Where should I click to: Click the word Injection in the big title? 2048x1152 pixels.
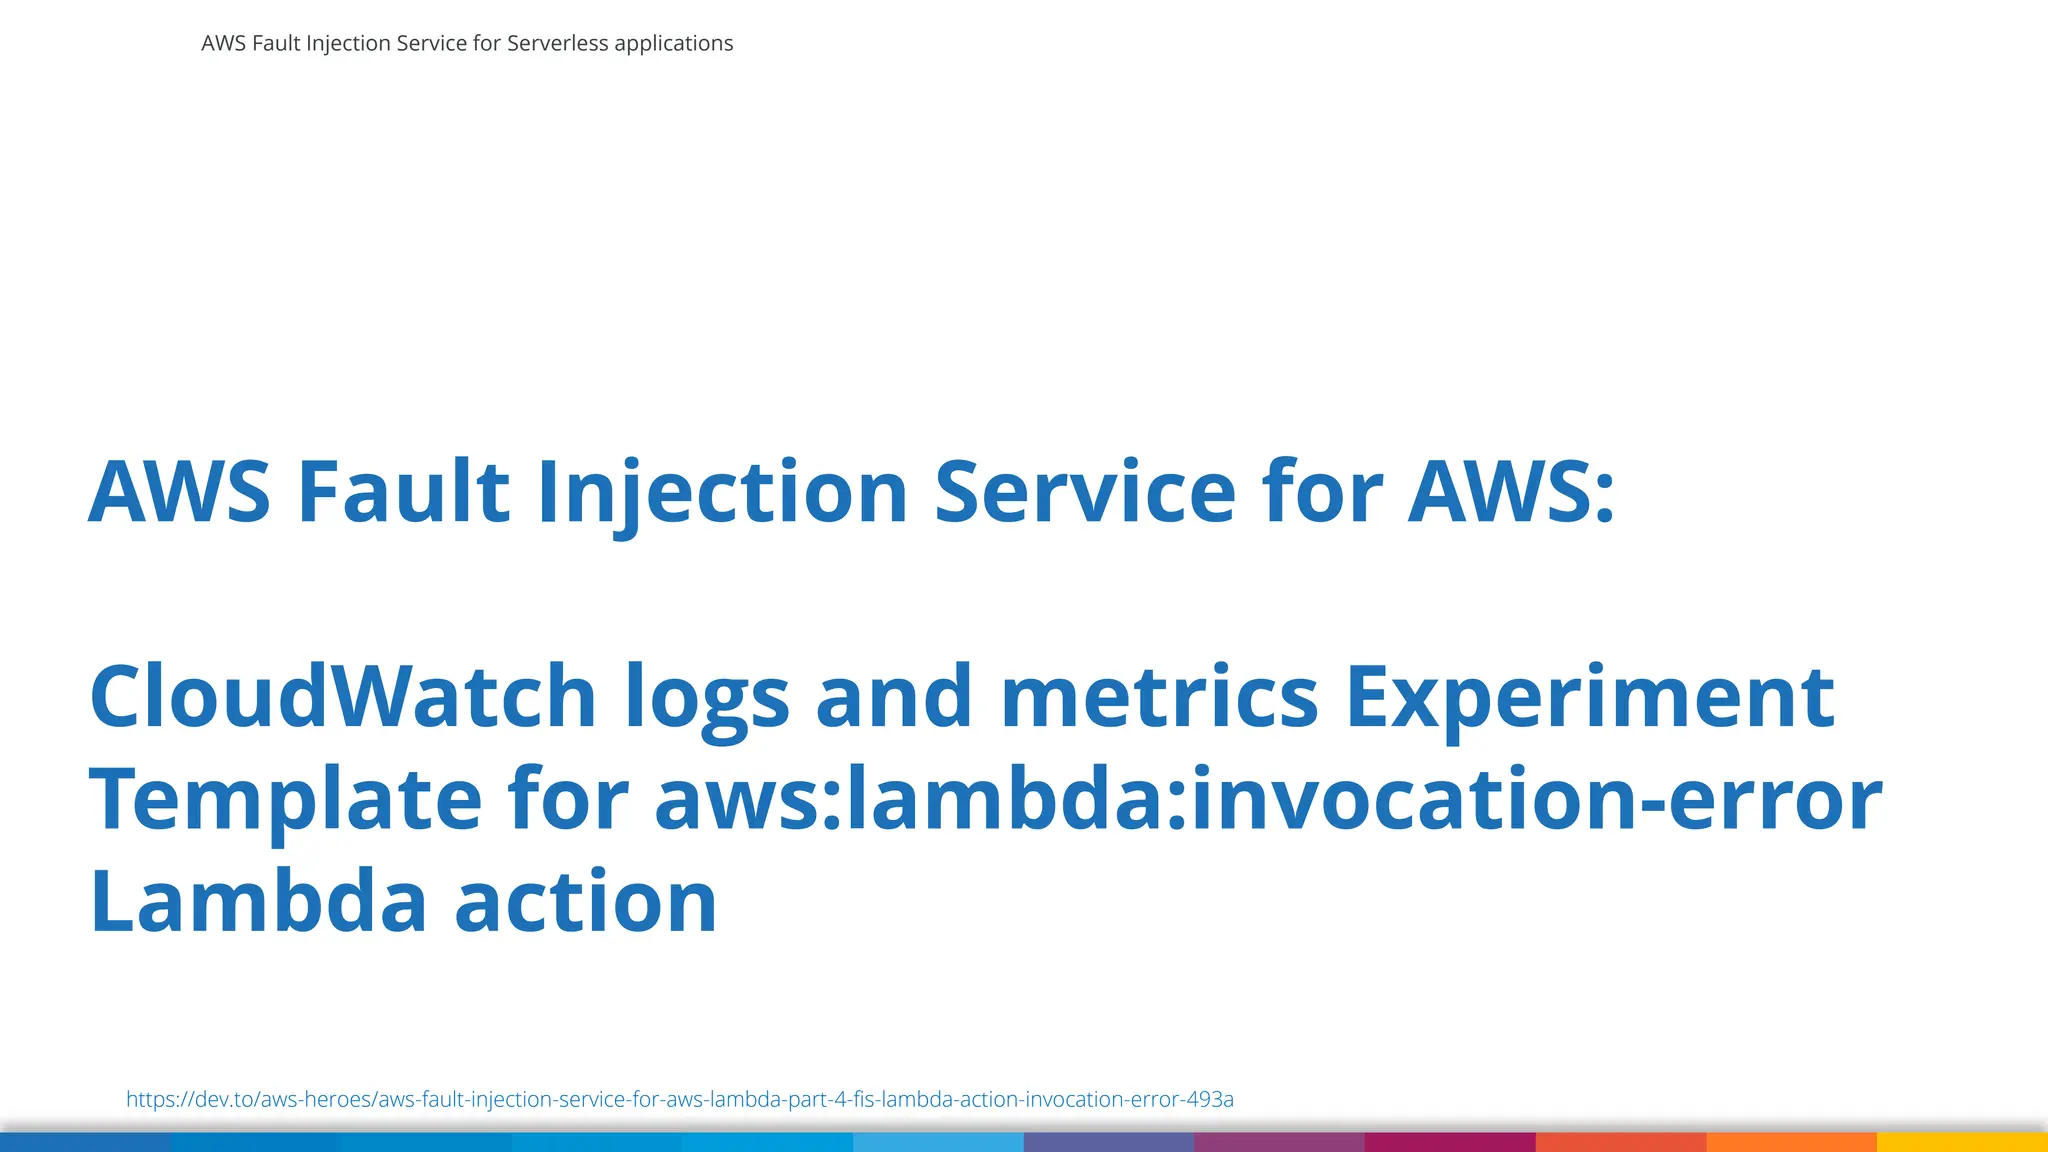point(722,492)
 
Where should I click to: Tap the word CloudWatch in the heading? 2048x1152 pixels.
point(343,697)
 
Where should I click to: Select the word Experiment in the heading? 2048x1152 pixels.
point(1590,697)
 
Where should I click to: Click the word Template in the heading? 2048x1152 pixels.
point(286,799)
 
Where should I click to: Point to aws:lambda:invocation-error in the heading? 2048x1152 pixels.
point(1267,799)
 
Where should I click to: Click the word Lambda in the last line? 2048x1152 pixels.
point(258,902)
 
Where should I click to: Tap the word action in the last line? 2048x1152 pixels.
point(586,902)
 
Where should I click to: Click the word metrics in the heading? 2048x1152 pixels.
point(1159,697)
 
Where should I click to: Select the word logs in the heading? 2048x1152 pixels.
point(707,697)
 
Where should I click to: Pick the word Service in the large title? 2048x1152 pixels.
point(1085,492)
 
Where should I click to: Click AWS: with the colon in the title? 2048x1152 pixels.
point(1511,492)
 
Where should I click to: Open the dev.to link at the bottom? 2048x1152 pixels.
point(679,1099)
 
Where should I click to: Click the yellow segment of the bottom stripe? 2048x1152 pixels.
point(1962,1142)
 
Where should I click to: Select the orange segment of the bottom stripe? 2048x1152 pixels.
point(1791,1142)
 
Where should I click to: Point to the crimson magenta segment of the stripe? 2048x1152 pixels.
point(1450,1142)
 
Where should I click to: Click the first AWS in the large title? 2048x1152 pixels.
point(179,492)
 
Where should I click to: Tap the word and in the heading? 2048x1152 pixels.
point(894,697)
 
